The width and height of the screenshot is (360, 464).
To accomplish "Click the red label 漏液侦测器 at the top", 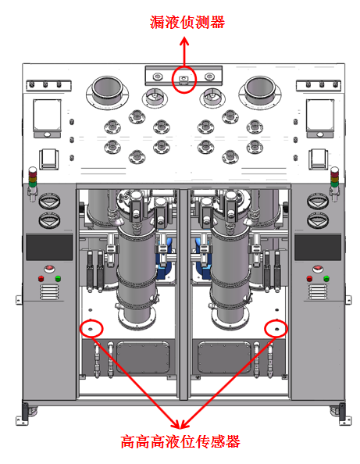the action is [187, 22].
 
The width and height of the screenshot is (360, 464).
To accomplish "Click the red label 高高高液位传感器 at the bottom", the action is [180, 442].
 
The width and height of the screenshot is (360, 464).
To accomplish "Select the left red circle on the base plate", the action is [80, 329].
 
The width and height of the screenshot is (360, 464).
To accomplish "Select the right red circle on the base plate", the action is [265, 329].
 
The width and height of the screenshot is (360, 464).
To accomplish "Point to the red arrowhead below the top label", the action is [184, 41].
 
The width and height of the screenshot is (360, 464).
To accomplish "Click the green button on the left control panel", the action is [58, 279].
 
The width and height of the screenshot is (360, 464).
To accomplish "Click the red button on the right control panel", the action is [309, 279].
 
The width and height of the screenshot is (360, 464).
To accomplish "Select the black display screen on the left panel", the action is [49, 248].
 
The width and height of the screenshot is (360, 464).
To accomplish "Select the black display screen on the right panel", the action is [318, 248].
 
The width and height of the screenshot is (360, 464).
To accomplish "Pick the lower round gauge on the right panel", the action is [318, 220].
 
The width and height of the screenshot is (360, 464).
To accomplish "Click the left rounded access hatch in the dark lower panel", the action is [143, 358].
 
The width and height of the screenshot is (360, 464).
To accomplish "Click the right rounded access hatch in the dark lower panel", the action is [224, 358].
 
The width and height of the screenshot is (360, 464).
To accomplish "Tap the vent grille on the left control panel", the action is [49, 292].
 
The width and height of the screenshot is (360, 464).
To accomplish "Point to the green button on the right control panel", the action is [326, 279].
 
